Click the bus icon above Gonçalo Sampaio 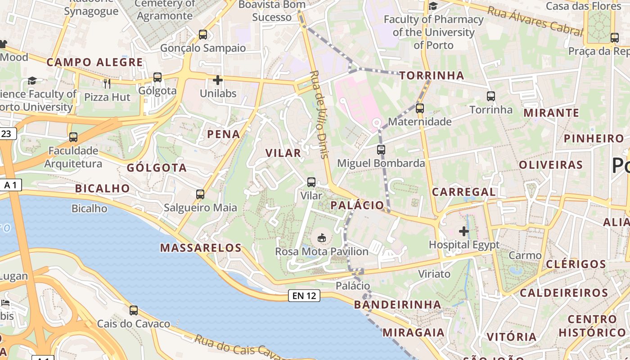(203, 34)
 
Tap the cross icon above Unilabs (218, 80)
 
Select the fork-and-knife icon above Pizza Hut (107, 83)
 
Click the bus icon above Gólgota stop (157, 77)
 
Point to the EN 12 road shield (304, 296)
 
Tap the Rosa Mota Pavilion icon (322, 238)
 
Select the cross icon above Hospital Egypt (464, 231)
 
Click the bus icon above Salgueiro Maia (200, 194)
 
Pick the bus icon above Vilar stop (311, 182)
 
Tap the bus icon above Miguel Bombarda (381, 149)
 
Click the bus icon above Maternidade (420, 108)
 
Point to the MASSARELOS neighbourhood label (201, 247)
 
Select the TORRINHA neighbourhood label (432, 75)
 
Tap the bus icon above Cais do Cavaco (134, 310)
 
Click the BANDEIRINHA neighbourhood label (397, 305)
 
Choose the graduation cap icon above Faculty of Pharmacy (433, 6)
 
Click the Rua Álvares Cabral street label (535, 20)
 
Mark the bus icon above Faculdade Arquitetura (73, 137)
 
